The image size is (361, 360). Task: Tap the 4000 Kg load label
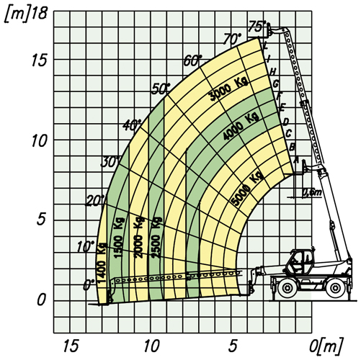point(241,126)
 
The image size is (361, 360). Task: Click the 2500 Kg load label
point(156,238)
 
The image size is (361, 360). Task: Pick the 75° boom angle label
point(257,27)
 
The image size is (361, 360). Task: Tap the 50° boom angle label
point(161,89)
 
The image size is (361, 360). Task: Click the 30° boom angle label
point(110,163)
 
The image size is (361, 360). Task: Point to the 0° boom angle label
point(89,285)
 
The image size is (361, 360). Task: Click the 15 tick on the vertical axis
point(39,60)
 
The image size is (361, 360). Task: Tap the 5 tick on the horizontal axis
point(232,346)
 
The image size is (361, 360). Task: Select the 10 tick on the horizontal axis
point(151,346)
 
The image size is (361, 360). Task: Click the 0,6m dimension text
point(311,193)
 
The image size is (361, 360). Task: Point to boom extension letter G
point(276,84)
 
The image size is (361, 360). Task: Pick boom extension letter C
point(289,132)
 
